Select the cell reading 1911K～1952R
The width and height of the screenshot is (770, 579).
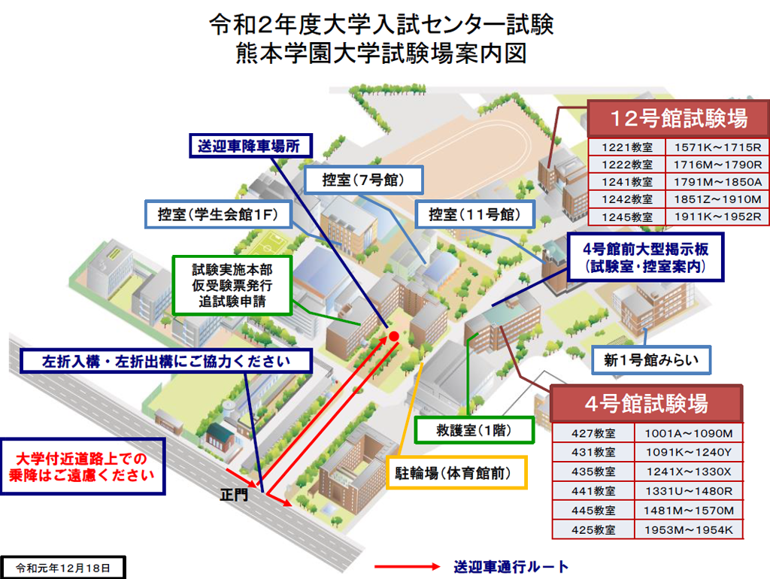(x=718, y=217)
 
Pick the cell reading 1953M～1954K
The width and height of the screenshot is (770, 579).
(x=688, y=530)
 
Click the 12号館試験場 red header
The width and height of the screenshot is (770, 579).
(x=679, y=117)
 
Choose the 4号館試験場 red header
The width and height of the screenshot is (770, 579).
(x=646, y=404)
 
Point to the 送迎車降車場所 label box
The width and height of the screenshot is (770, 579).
(x=249, y=147)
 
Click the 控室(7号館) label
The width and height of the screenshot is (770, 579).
(x=363, y=180)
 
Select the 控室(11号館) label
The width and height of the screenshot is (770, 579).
(x=474, y=214)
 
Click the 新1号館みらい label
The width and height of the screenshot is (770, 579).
(x=650, y=360)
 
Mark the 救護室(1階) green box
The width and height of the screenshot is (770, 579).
(x=474, y=429)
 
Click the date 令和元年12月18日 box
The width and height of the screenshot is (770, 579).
(x=63, y=566)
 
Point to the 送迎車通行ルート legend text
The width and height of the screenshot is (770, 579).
(x=511, y=566)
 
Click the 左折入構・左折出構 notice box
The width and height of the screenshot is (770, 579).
(x=165, y=361)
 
